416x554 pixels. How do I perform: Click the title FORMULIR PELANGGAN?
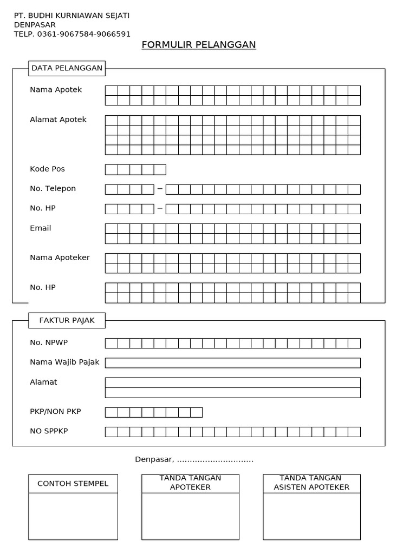(199, 44)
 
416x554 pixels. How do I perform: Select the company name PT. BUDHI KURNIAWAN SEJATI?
(71, 15)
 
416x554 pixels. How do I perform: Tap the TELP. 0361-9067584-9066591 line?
(72, 34)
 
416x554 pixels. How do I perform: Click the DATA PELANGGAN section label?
(67, 68)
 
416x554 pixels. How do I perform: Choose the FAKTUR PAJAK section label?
(67, 320)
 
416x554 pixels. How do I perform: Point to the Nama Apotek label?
(56, 90)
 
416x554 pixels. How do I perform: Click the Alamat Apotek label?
(58, 120)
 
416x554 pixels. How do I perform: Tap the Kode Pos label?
(47, 169)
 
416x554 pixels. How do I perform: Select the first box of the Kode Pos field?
(111, 169)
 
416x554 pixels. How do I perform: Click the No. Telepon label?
(53, 188)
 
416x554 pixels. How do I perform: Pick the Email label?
(40, 228)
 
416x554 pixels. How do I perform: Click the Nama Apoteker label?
(60, 258)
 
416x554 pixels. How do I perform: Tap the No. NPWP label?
(49, 342)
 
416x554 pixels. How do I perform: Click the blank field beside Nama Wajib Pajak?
(232, 362)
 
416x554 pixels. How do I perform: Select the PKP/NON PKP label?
(55, 412)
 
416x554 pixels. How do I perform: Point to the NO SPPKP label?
(49, 431)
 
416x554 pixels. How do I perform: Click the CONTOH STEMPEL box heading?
(73, 483)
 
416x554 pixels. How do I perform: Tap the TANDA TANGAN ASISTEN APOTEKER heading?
(311, 483)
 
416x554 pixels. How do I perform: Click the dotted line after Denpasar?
(215, 460)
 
